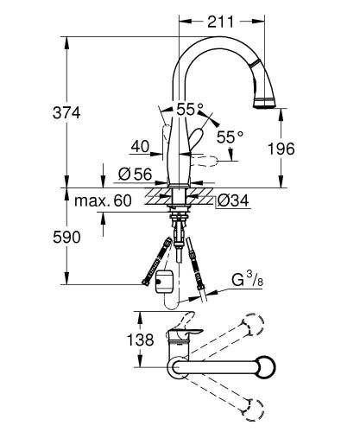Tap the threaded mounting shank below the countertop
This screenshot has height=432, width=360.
tap(180, 225)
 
